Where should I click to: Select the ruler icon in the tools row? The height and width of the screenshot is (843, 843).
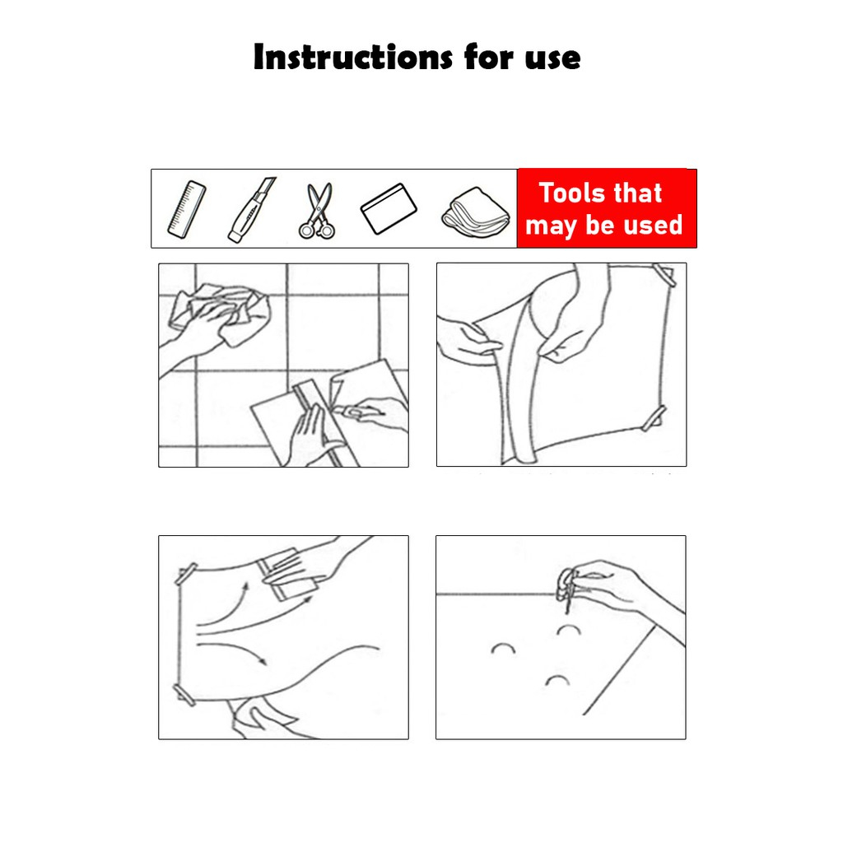pyautogui.click(x=187, y=209)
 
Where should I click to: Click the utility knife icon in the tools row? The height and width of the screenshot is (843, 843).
pyautogui.click(x=252, y=210)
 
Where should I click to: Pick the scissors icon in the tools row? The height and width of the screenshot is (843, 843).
pyautogui.click(x=318, y=210)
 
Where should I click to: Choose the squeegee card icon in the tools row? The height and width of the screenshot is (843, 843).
pyautogui.click(x=389, y=208)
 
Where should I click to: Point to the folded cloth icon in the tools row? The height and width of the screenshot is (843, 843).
pyautogui.click(x=476, y=212)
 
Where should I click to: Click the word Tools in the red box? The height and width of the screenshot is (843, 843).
pyautogui.click(x=570, y=193)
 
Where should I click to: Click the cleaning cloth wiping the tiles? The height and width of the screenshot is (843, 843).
pyautogui.click(x=221, y=313)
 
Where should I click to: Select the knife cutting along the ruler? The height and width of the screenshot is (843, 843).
pyautogui.click(x=352, y=412)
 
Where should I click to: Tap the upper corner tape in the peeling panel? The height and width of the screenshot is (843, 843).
pyautogui.click(x=664, y=274)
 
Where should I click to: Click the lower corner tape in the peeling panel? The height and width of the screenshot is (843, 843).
pyautogui.click(x=654, y=418)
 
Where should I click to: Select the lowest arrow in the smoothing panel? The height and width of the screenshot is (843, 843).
pyautogui.click(x=232, y=651)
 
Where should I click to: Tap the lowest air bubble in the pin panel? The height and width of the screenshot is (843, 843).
pyautogui.click(x=557, y=679)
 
